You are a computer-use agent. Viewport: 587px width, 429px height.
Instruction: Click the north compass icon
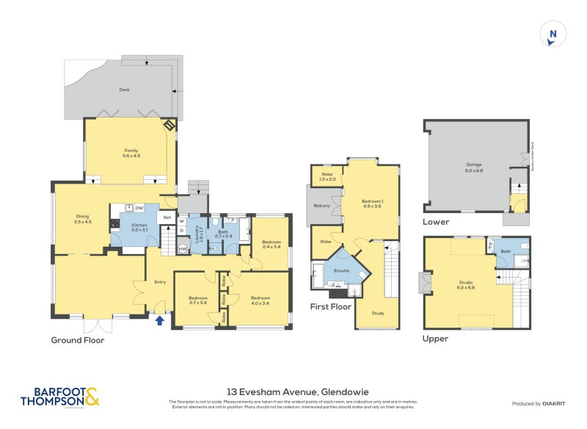tap(553, 34)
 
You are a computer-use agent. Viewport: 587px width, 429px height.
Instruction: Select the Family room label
tap(131, 153)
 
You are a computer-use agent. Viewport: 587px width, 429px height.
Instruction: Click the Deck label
tap(124, 90)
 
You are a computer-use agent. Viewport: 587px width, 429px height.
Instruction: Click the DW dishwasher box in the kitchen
tap(139, 209)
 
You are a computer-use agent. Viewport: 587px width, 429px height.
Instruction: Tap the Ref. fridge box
tap(167, 218)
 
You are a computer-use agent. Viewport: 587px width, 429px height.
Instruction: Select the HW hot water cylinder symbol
tap(183, 249)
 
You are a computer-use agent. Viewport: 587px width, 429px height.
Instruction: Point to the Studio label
tap(465, 284)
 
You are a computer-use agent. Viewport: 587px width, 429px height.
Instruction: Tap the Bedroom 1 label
tap(372, 203)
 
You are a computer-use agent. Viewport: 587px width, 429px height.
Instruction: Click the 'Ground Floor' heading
tap(77, 340)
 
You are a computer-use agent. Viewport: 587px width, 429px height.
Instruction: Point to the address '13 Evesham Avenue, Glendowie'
tap(293, 392)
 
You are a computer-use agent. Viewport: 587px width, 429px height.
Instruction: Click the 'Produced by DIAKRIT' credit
tap(539, 404)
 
